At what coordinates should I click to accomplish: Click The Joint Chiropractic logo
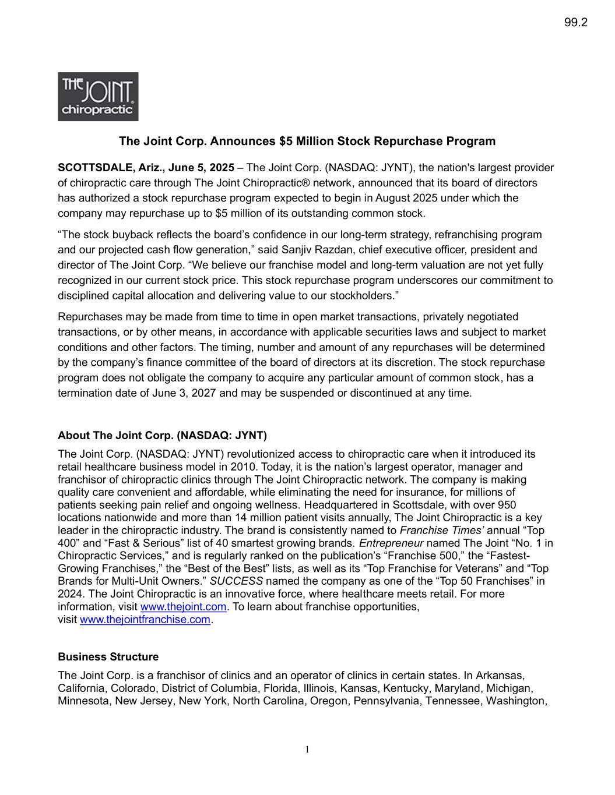(x=98, y=97)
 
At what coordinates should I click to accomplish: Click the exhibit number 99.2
(x=575, y=23)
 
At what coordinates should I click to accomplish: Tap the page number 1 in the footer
(x=307, y=750)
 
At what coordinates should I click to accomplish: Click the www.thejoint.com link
(x=183, y=607)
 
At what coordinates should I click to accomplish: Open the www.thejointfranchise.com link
(x=145, y=620)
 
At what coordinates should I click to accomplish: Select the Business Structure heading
(x=108, y=657)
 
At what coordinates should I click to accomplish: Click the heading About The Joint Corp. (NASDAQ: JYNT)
(x=162, y=436)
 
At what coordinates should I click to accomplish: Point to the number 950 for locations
(x=505, y=505)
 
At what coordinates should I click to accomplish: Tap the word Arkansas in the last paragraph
(x=501, y=676)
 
